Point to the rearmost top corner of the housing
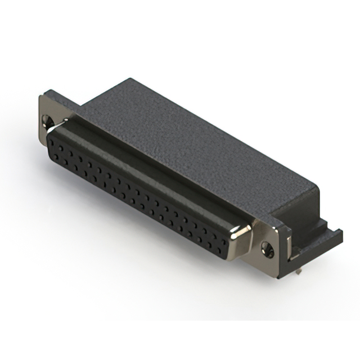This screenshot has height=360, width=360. (x=130, y=79)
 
